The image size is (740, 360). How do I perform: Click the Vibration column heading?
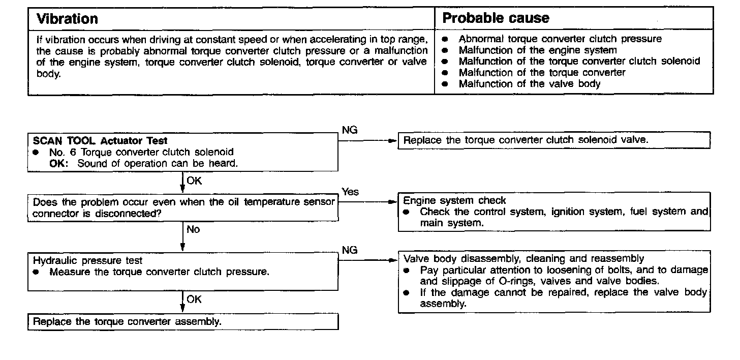[68, 19]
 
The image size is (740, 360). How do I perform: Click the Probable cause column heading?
[496, 18]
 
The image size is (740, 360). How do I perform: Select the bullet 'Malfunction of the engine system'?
[537, 50]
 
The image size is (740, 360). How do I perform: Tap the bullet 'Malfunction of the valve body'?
[529, 84]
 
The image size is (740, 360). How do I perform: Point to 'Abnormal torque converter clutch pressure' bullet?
[560, 39]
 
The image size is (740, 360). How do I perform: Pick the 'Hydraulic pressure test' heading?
[88, 260]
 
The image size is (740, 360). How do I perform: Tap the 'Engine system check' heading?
[454, 200]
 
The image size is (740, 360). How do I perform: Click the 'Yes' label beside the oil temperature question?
[350, 192]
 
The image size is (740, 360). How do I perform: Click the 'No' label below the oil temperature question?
[193, 229]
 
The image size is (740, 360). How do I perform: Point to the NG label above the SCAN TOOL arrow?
[350, 130]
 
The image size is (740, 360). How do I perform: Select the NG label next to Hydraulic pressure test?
[350, 250]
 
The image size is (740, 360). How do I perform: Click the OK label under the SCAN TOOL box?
[194, 180]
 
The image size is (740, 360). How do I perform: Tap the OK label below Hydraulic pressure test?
[194, 299]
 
